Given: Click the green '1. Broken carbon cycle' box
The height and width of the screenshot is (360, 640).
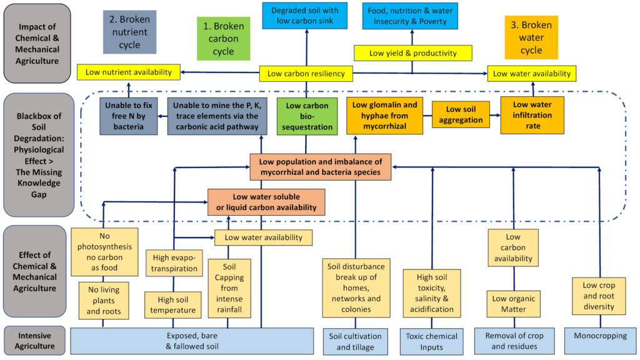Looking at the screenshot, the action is pos(223,39).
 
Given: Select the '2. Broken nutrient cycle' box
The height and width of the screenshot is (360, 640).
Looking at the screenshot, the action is pos(129,32).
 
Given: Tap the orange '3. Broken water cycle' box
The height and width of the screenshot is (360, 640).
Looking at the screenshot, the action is pos(531,37).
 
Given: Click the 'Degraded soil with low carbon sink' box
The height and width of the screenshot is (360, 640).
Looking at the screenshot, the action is pos(305,16).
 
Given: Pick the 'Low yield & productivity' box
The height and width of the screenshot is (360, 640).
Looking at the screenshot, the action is pos(412,53).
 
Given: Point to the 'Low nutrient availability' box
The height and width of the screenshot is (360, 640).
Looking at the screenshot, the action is pos(129,72).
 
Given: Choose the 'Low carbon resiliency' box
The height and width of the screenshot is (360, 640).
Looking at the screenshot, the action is pos(306,74).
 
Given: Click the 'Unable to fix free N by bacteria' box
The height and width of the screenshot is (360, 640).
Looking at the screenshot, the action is pos(129,116).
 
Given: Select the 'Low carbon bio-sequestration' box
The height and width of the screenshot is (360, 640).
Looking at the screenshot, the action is pos(307,116).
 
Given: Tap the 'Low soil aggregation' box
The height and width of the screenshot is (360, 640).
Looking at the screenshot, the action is pos(461,115).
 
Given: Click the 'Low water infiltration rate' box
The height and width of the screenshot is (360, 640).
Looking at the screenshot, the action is pos(532,116).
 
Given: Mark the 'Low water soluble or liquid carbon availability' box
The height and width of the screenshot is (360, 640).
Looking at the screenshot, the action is pos(266,202).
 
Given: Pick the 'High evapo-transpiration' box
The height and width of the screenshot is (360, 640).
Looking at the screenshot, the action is pos(174,263).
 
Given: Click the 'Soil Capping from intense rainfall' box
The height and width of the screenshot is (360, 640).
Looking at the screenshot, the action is pos(229,288).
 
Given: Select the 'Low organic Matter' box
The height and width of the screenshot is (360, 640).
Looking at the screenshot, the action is pos(514,304).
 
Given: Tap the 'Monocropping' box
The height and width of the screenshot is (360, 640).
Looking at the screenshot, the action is pos(601,341).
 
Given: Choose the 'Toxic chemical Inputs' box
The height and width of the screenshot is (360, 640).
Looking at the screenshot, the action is pos(431,342).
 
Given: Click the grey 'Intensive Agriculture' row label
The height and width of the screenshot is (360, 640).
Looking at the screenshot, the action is pos(35,341).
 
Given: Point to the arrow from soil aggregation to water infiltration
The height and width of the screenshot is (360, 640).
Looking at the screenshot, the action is pos(495,115).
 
